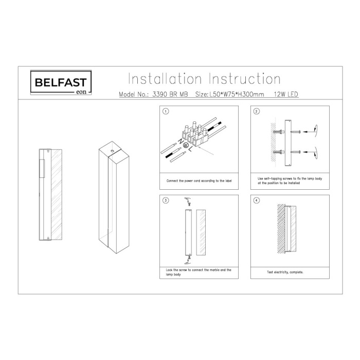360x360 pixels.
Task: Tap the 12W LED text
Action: (x=283, y=95)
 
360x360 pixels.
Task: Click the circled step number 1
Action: (x=166, y=111)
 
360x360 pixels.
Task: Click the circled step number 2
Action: (x=257, y=111)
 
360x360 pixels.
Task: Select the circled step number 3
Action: (x=166, y=200)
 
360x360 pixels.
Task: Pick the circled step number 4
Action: (x=257, y=200)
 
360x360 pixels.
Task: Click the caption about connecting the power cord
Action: (x=196, y=182)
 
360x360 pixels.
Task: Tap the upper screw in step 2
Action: (x=278, y=132)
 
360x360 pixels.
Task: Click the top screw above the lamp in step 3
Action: (x=189, y=204)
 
